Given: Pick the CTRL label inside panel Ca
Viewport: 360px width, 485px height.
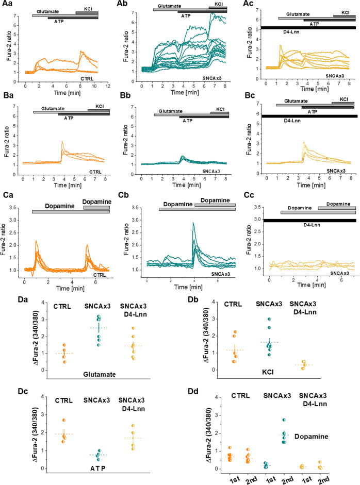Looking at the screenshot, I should (101, 275).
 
